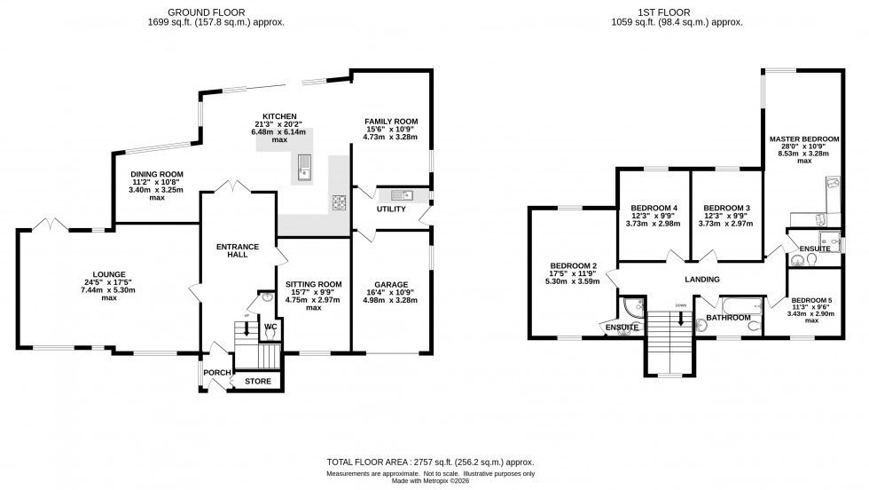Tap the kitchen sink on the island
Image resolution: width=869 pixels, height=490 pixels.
[304, 165]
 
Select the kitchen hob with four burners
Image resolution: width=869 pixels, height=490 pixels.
[339, 202]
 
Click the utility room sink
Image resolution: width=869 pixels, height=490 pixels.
[396, 194]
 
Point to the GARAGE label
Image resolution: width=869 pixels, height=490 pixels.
[390, 285]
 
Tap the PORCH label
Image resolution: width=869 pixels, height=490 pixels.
[217, 373]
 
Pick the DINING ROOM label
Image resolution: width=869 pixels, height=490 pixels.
[157, 175]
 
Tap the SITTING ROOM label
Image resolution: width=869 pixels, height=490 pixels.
[314, 285]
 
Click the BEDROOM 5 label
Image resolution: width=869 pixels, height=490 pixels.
[811, 301]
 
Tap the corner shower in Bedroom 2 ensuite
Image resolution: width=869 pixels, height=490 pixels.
[631, 307]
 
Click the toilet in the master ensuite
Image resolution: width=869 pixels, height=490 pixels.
[799, 259]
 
